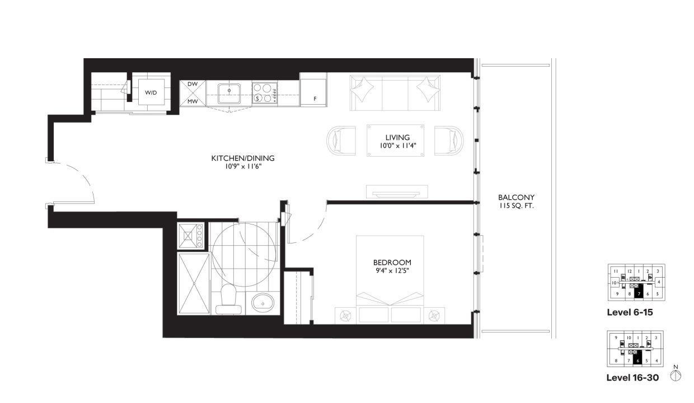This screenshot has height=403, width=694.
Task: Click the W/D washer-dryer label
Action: click(151, 92)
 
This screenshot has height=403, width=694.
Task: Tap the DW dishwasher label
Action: click(193, 85)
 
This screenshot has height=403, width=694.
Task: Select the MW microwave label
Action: click(193, 101)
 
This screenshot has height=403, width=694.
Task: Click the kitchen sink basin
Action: click(229, 91)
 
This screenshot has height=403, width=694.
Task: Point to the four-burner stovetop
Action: click(265, 93)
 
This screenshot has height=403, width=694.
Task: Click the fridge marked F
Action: click(313, 90)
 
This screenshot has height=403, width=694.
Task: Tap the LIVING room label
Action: click(397, 137)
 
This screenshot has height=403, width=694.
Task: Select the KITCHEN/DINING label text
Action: click(243, 158)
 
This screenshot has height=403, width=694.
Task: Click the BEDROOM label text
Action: click(392, 262)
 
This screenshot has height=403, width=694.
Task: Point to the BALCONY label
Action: click(516, 198)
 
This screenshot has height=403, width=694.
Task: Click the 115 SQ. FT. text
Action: click(516, 206)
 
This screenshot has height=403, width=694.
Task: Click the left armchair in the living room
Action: click(341, 140)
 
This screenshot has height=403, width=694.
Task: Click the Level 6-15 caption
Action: click(630, 312)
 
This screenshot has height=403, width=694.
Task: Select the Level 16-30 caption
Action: click(632, 378)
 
